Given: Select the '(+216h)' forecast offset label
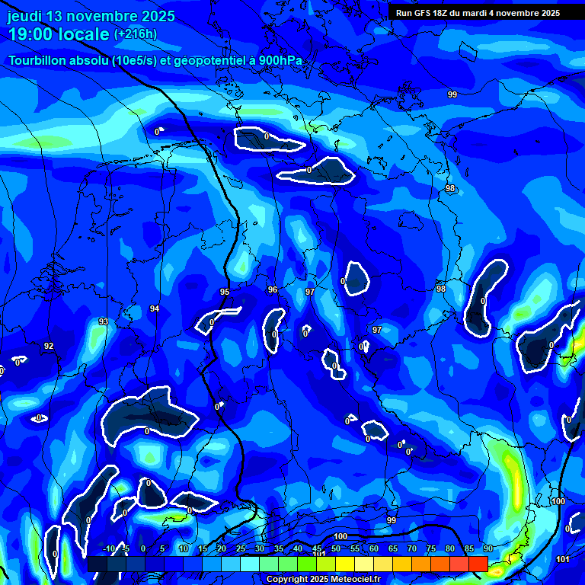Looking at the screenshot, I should pyautogui.click(x=135, y=34).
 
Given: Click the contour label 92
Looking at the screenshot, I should pyautogui.click(x=49, y=346).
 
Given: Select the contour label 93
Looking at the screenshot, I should pyautogui.click(x=104, y=321).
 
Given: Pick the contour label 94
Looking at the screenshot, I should pyautogui.click(x=155, y=308).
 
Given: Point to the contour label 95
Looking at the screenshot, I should pyautogui.click(x=225, y=292).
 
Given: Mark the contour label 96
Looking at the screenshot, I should pyautogui.click(x=273, y=289).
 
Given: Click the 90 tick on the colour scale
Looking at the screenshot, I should pyautogui.click(x=487, y=549).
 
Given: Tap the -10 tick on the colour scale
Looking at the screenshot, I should pyautogui.click(x=108, y=549).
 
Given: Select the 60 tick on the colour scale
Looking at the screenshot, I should pyautogui.click(x=374, y=549).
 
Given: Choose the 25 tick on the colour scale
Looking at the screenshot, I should pyautogui.click(x=241, y=549).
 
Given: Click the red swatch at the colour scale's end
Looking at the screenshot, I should pyautogui.click(x=478, y=564).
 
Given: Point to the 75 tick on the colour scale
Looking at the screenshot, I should pyautogui.click(x=431, y=549).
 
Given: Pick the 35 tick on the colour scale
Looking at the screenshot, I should pyautogui.click(x=279, y=549).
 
